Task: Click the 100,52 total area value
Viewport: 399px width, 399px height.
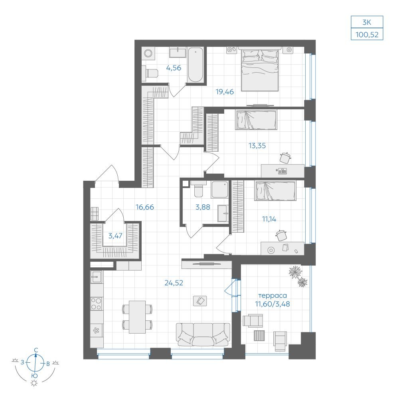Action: click(x=367, y=34)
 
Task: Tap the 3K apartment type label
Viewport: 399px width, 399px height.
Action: click(x=367, y=22)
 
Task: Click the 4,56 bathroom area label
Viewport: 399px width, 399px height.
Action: click(x=174, y=68)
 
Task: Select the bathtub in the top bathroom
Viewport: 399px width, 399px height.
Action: click(x=196, y=65)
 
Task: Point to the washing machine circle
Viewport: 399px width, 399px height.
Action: click(x=148, y=53)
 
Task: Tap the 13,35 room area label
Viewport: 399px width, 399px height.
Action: click(x=257, y=146)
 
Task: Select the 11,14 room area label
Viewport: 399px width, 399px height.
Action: click(x=269, y=219)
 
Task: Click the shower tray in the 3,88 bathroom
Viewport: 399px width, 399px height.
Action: click(x=219, y=190)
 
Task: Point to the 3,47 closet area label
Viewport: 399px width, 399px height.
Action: click(x=115, y=236)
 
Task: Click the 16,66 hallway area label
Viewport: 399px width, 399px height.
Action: click(x=145, y=207)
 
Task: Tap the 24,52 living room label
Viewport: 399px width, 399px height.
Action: click(x=174, y=283)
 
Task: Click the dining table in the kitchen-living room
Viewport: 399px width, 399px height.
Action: click(x=137, y=317)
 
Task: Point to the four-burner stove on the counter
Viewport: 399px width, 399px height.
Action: click(x=97, y=304)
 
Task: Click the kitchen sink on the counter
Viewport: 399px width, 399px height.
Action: click(x=97, y=277)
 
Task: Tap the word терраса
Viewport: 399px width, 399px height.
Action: click(x=273, y=296)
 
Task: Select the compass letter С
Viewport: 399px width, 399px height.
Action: click(x=36, y=350)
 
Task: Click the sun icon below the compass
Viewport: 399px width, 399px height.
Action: click(x=34, y=383)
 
